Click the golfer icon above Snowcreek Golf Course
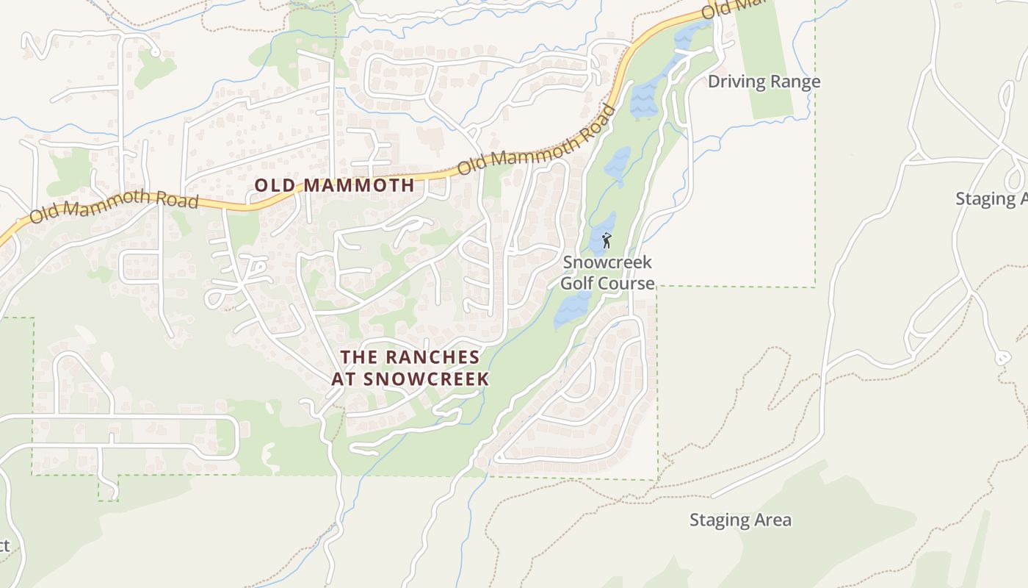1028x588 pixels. (607, 240)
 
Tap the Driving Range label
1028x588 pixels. (764, 82)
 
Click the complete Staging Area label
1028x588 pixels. (740, 520)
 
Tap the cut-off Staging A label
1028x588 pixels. (991, 198)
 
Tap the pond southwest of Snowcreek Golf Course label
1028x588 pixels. (571, 309)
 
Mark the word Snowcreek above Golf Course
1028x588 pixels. (607, 262)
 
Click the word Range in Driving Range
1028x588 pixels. (795, 82)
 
